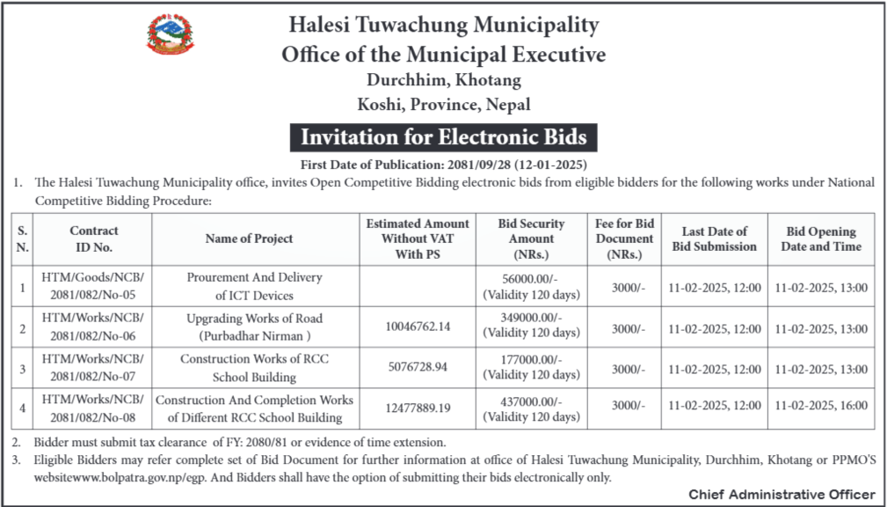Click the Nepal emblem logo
point(171,34)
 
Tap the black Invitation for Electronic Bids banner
point(443,137)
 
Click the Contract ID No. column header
point(94,239)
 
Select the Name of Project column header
point(249,239)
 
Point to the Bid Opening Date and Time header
point(820,239)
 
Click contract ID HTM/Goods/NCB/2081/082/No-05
point(94,286)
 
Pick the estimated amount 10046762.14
point(418,327)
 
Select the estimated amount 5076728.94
point(418,367)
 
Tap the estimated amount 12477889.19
point(418,408)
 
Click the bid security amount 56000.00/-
point(531,278)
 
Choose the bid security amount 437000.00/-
point(531,400)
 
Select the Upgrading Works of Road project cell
point(254,327)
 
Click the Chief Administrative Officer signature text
point(782,494)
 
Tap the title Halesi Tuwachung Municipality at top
point(443,25)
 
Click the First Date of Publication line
point(443,165)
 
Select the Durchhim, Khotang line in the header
point(443,81)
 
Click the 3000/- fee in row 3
point(628,368)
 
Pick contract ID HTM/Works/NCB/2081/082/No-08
point(94,408)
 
